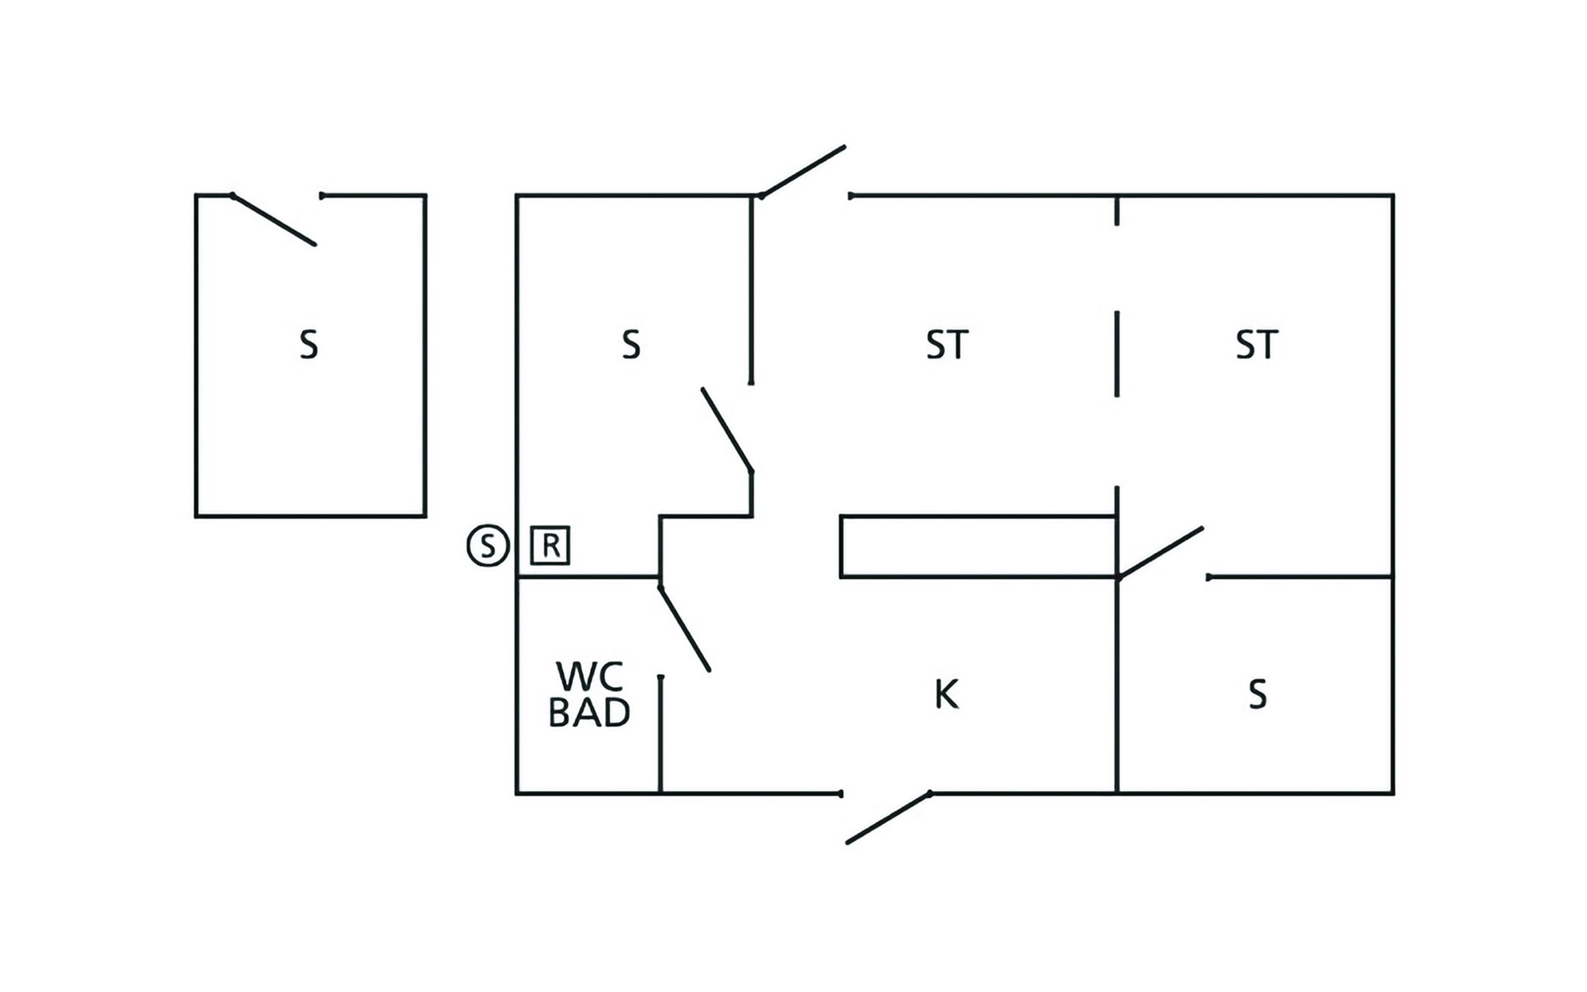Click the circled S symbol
click(488, 546)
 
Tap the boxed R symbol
click(550, 546)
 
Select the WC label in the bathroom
click(589, 676)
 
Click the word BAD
click(589, 713)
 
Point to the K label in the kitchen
click(946, 694)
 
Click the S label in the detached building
click(308, 345)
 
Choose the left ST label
click(946, 345)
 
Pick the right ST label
click(1256, 345)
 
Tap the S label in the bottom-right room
click(1257, 694)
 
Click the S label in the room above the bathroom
click(631, 345)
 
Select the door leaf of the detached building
click(274, 220)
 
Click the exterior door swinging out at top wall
click(803, 171)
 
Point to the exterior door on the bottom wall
click(888, 818)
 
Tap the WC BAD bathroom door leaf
click(684, 628)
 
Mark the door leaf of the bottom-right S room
click(1160, 552)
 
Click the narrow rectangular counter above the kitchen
click(978, 546)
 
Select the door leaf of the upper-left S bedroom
click(727, 430)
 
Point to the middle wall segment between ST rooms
click(1117, 354)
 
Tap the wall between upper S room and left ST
click(751, 289)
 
